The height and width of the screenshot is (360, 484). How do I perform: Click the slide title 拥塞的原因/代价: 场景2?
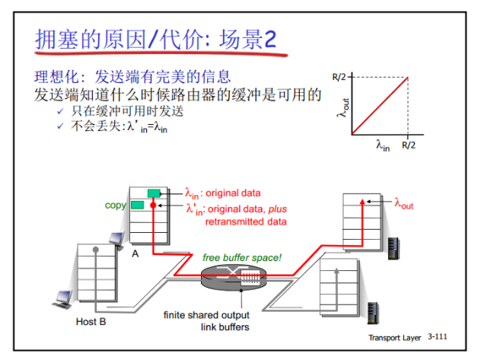[x=155, y=39]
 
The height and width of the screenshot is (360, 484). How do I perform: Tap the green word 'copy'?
[x=116, y=205]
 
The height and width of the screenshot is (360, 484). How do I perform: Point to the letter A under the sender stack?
[x=135, y=253]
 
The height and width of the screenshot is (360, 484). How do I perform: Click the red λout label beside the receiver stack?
[x=403, y=203]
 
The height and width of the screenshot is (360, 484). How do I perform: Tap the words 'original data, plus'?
[x=247, y=209]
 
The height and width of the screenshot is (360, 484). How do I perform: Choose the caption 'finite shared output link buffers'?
[x=207, y=320]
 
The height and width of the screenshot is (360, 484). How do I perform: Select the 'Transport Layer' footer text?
[x=396, y=337]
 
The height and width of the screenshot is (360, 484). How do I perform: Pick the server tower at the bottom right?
[x=372, y=312]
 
